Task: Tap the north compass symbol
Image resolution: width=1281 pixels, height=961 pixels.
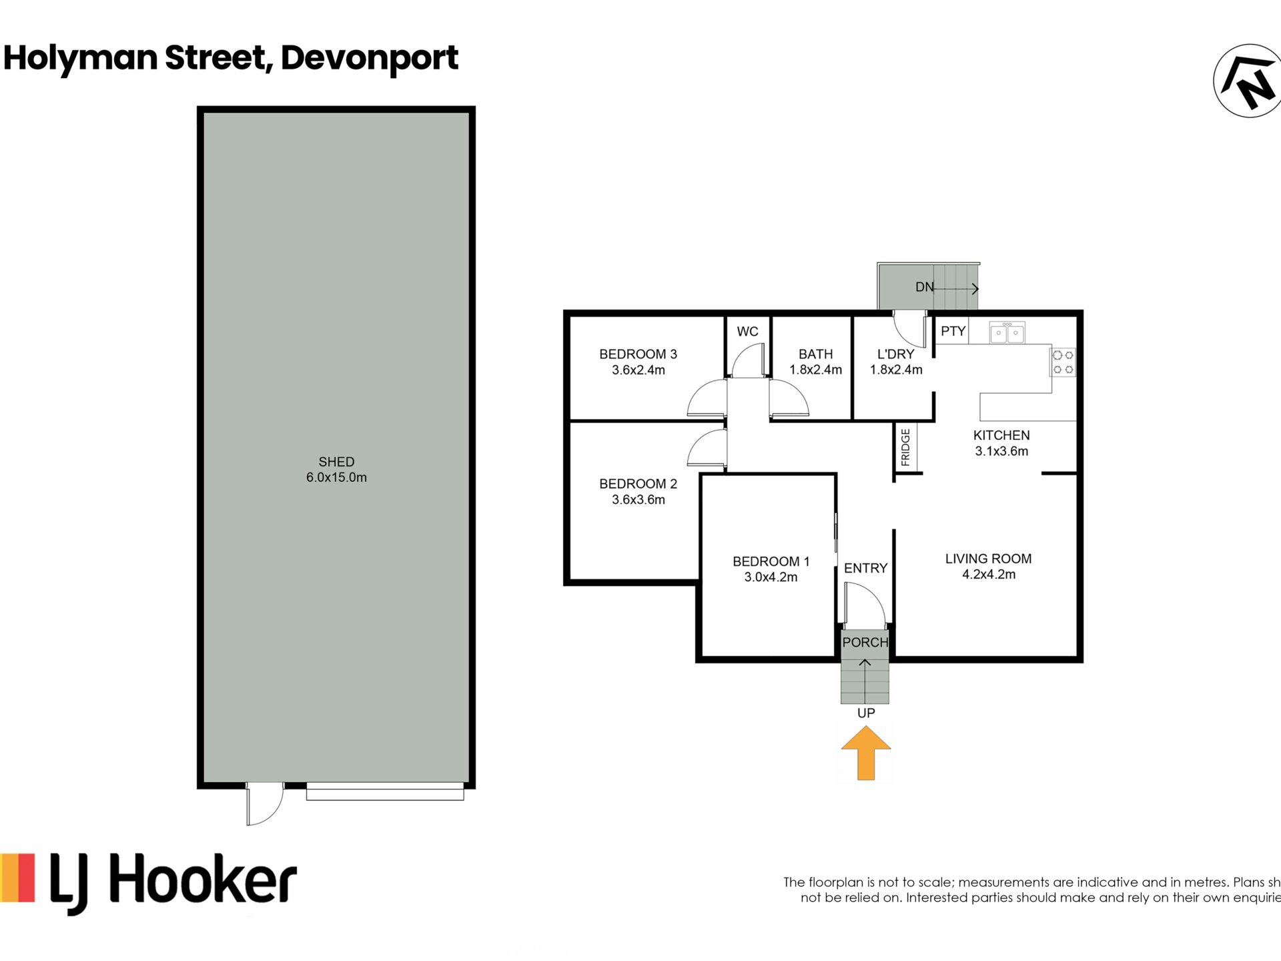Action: pos(1247,81)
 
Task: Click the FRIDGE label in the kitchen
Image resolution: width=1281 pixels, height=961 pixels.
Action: pos(905,447)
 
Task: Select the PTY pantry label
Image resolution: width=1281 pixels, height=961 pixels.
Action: pos(953,331)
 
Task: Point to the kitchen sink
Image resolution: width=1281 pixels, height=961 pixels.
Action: pos(1007,332)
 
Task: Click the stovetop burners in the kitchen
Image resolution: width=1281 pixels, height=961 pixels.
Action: pos(1063,362)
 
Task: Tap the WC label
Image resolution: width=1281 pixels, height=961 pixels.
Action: pos(747,332)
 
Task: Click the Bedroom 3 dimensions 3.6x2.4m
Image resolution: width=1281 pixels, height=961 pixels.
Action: pos(638,370)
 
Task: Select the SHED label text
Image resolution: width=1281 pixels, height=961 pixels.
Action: pos(336,462)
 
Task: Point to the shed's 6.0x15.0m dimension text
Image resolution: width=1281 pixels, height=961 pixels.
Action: pos(336,477)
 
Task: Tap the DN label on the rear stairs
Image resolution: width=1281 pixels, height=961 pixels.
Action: pos(924,287)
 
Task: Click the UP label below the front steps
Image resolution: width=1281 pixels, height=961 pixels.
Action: pos(866,713)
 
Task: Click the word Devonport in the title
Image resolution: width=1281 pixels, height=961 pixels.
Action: pos(370,58)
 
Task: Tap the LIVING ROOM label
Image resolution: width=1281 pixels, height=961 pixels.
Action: pos(988,559)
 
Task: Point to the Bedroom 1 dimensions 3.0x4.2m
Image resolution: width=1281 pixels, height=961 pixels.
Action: pos(771,577)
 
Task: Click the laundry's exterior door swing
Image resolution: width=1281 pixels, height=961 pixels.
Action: pos(909,330)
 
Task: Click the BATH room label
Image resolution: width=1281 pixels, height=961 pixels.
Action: pos(815,354)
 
